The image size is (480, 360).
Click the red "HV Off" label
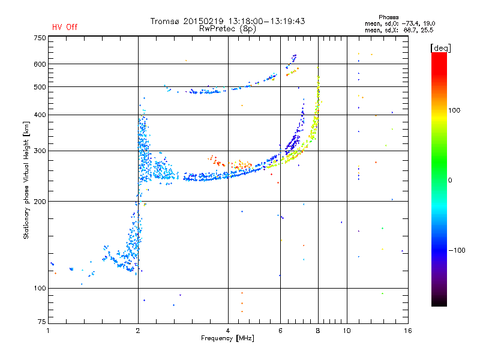(x=65, y=27)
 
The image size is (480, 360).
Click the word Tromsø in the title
(x=164, y=21)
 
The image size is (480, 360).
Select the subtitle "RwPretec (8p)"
(x=227, y=29)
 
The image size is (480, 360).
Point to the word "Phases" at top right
(x=388, y=17)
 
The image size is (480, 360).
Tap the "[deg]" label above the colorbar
(x=440, y=48)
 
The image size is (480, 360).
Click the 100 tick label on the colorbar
(x=454, y=110)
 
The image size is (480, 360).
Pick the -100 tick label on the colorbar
(x=457, y=250)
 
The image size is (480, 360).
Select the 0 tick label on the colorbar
(x=450, y=181)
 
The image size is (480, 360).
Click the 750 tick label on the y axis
(x=40, y=38)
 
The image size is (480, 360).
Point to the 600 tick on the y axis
(x=40, y=64)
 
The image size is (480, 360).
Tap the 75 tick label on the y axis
(x=42, y=322)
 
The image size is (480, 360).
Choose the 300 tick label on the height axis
(x=40, y=151)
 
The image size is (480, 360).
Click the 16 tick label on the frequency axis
(x=407, y=331)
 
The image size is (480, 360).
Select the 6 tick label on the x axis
(x=280, y=331)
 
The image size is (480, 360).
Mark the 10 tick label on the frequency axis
(x=347, y=331)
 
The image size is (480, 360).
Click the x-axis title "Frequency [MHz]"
(x=227, y=338)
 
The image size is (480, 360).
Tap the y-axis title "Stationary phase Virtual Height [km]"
(x=26, y=180)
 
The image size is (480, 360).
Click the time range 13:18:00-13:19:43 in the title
(x=266, y=21)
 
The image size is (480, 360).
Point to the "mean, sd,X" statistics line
(x=399, y=31)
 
